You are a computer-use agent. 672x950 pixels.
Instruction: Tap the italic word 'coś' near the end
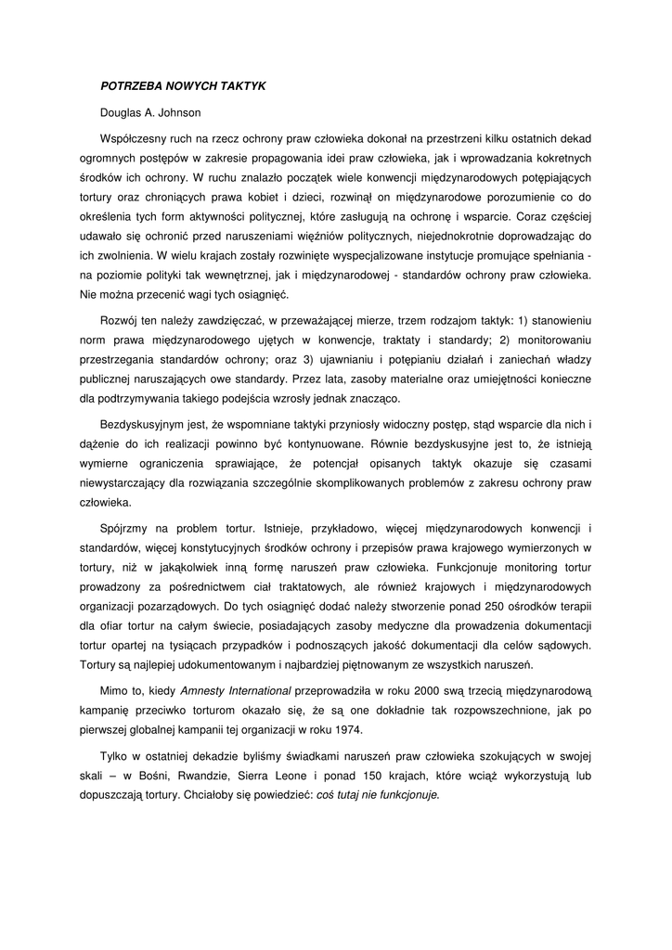327,795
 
